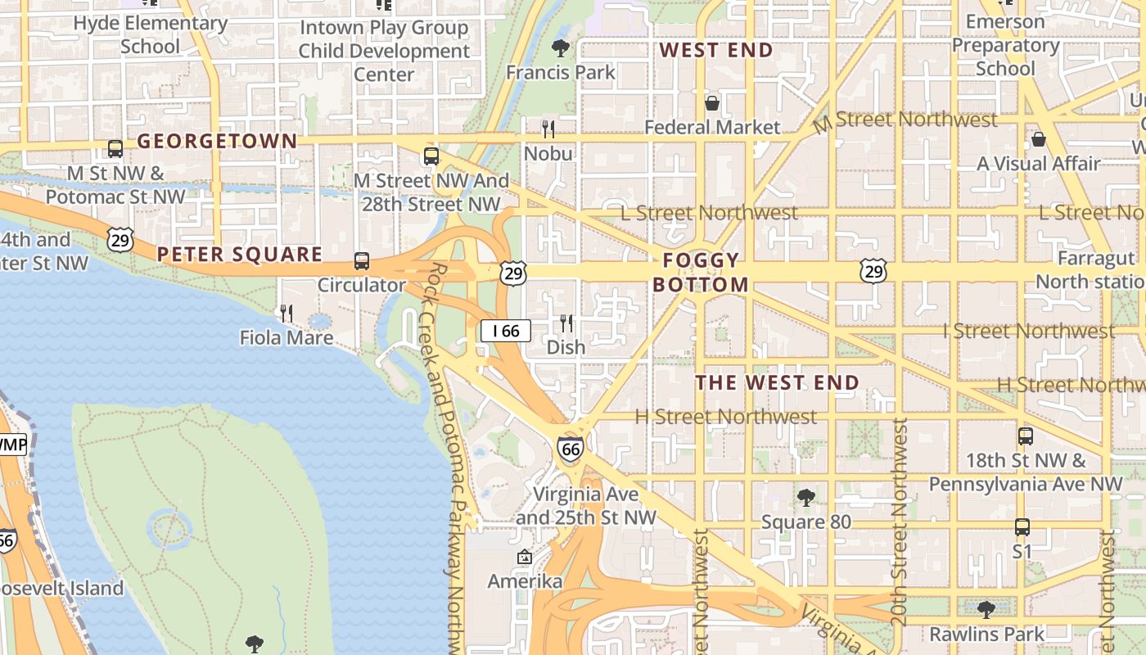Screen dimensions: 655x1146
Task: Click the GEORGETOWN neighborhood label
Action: coord(217,141)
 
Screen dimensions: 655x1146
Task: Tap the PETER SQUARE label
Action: coord(240,255)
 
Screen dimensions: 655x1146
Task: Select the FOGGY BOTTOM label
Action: coord(701,273)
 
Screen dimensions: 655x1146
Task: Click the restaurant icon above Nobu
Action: coord(548,129)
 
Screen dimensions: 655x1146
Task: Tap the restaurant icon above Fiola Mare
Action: coord(286,313)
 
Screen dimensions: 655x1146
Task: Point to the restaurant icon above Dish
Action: coord(566,323)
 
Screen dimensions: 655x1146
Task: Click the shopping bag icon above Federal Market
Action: coord(712,103)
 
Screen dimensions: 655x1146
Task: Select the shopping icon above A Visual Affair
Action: coord(1038,139)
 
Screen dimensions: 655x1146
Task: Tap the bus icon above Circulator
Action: coord(361,261)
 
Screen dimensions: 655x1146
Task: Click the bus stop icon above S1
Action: coord(1022,527)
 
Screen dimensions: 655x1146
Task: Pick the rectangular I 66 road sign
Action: coord(506,331)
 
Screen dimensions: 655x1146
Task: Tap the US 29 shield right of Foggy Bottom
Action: coord(873,271)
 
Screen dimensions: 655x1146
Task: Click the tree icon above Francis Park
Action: coord(561,47)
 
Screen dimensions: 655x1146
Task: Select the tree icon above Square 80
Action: coord(805,497)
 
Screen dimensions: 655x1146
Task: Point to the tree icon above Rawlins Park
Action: coord(986,609)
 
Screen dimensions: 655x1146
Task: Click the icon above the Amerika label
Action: coord(525,558)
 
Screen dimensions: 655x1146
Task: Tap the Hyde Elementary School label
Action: coord(150,34)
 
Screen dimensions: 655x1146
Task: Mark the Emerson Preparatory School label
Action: coord(1005,45)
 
